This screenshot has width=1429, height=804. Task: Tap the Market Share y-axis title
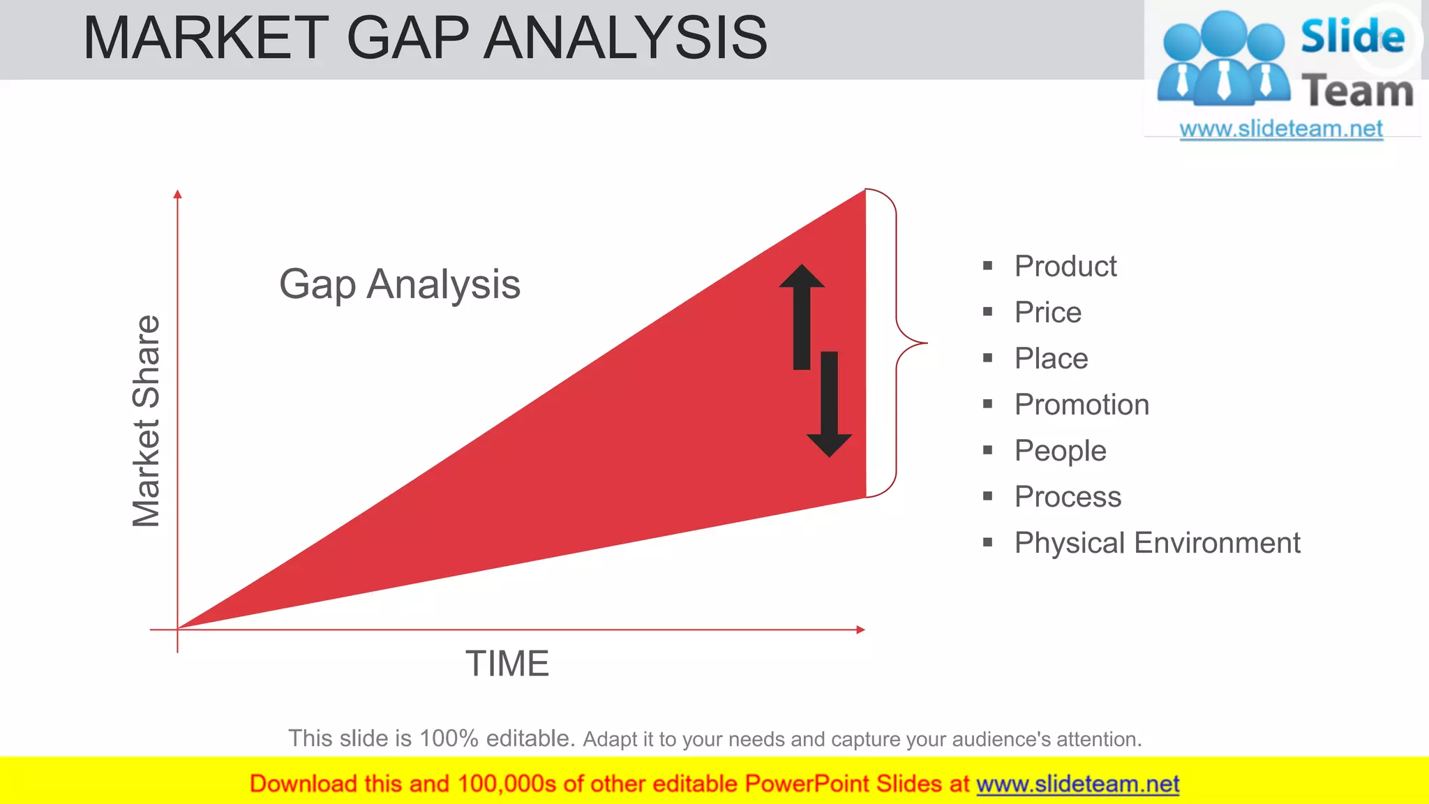[x=147, y=421]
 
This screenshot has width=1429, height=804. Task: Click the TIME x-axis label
[x=507, y=664]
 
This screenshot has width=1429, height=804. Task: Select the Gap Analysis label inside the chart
[x=400, y=284]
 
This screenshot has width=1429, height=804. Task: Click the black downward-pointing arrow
[x=829, y=405]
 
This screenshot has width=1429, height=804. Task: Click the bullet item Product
[x=1065, y=266]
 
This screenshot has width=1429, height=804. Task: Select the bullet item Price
[x=1047, y=312]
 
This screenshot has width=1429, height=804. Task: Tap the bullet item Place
[x=1051, y=358]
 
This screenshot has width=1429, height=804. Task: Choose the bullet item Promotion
[x=1082, y=404]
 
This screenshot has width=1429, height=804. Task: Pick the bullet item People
[x=1060, y=451]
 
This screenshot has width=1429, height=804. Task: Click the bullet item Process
[x=1068, y=497]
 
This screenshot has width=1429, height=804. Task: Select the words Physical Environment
[x=1157, y=543]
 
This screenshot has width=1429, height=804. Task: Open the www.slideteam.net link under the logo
[x=1280, y=129]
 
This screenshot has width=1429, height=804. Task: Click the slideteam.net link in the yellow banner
[x=1077, y=784]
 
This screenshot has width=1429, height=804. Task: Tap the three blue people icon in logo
[x=1223, y=59]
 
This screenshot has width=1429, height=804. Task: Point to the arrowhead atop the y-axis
[x=178, y=194]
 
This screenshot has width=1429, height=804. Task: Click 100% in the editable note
[x=449, y=738]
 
